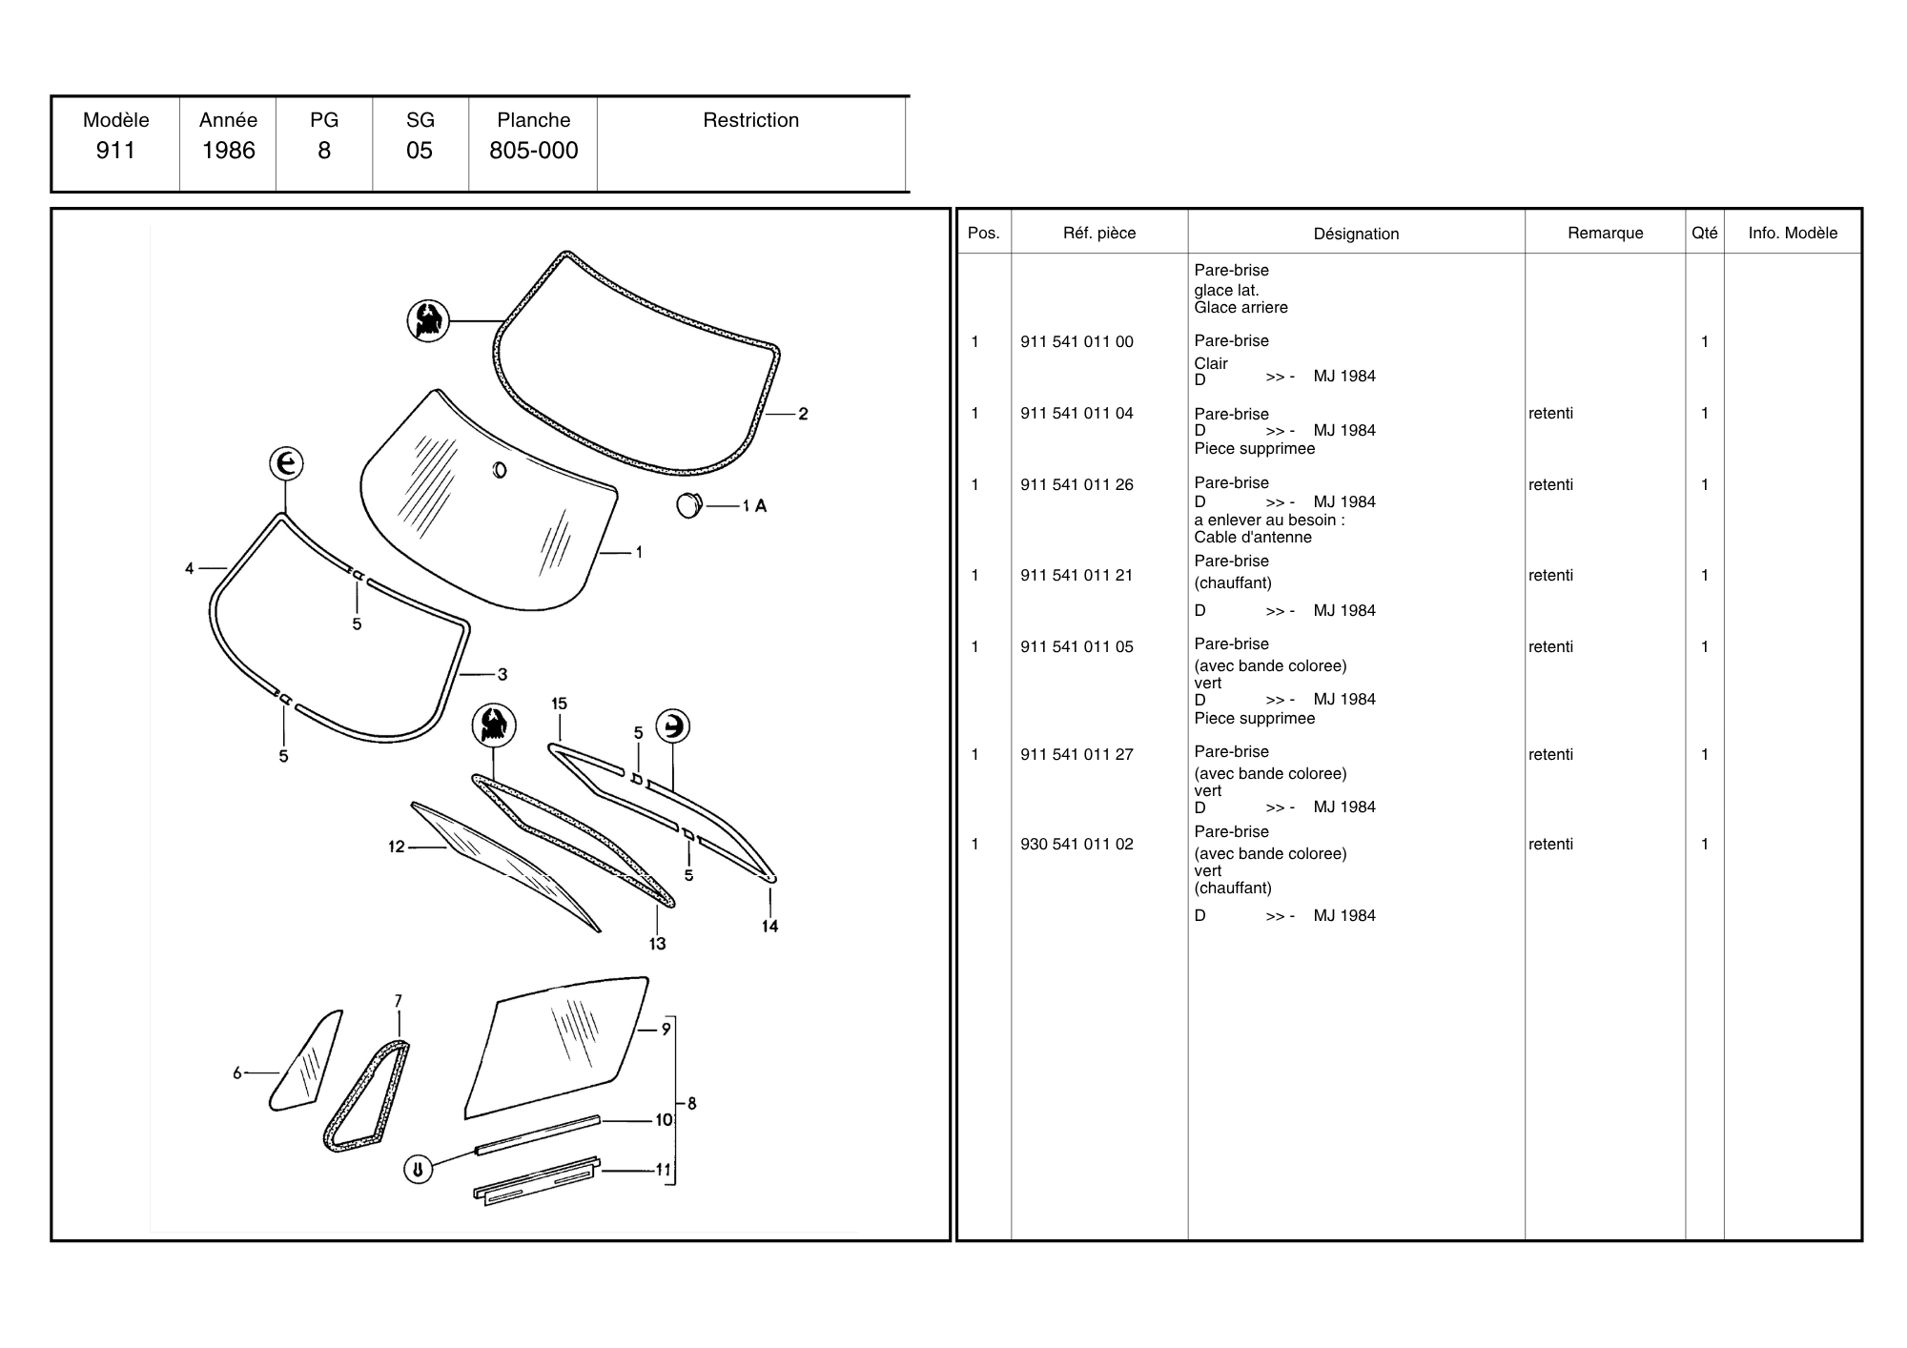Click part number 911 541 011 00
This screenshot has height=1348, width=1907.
click(1077, 342)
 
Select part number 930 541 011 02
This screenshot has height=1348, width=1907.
click(1077, 845)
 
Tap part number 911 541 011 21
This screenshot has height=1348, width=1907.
click(1077, 576)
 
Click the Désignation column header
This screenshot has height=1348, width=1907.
click(1356, 234)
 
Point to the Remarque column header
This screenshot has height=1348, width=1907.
click(1605, 234)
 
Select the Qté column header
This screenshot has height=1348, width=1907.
click(1704, 234)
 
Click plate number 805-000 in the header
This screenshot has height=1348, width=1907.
click(533, 151)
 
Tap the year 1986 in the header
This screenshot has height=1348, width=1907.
click(228, 151)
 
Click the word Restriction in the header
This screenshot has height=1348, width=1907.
click(750, 120)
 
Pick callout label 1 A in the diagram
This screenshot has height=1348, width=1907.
click(754, 506)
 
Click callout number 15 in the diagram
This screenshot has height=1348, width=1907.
click(559, 704)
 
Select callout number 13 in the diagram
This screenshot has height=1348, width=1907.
click(657, 944)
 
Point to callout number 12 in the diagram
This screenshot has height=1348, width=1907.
click(397, 847)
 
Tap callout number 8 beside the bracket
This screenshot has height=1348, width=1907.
click(691, 1104)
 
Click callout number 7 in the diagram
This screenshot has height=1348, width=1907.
click(399, 1001)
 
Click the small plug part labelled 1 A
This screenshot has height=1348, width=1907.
click(688, 505)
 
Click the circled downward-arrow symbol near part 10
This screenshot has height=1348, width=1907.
click(418, 1169)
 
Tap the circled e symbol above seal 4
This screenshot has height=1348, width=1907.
click(285, 464)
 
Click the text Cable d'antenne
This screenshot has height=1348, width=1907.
click(1252, 538)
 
